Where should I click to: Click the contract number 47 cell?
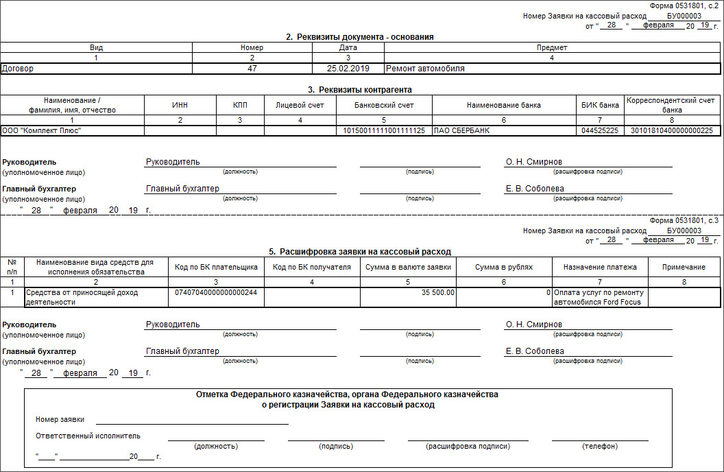pyautogui.click(x=252, y=69)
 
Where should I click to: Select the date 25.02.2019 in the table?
pyautogui.click(x=348, y=69)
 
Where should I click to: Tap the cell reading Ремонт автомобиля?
pyautogui.click(x=425, y=69)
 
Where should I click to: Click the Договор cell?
pyautogui.click(x=18, y=69)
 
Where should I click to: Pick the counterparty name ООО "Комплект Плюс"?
pyautogui.click(x=41, y=130)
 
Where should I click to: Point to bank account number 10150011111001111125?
pyautogui.click(x=384, y=130)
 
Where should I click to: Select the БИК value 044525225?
pyautogui.click(x=599, y=130)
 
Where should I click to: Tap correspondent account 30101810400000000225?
pyautogui.click(x=672, y=130)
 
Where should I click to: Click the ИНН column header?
pyautogui.click(x=180, y=105)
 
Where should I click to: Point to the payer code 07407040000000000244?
pyautogui.click(x=216, y=292)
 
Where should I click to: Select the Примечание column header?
pyautogui.click(x=684, y=267)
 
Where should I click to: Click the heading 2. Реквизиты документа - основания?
pyautogui.click(x=360, y=37)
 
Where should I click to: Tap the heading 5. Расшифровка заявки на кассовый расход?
pyautogui.click(x=361, y=252)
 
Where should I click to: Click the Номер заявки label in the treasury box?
pyautogui.click(x=60, y=419)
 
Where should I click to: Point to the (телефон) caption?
pyautogui.click(x=600, y=446)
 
